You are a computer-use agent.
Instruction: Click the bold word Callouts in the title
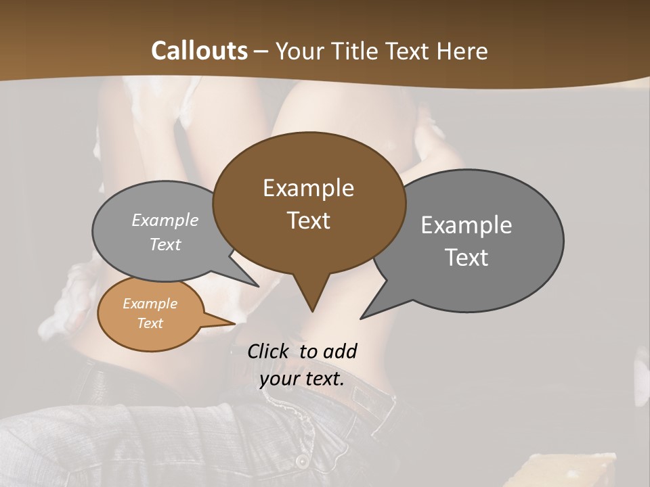pos(199,51)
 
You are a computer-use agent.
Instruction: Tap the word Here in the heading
pos(463,51)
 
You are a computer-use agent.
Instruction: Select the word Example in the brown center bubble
pos(308,188)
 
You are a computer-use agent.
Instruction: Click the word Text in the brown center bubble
pos(308,221)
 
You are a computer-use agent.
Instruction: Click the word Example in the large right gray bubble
pos(467,225)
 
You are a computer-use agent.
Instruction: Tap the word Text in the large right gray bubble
pos(467,258)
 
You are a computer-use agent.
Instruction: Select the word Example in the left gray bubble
pos(165,221)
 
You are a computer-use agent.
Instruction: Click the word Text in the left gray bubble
pos(165,244)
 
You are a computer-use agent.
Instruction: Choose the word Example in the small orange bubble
pos(150,304)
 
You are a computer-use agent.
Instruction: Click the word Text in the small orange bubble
pos(150,323)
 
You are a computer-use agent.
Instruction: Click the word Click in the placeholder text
pos(269,351)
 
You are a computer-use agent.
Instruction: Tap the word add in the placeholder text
pos(339,351)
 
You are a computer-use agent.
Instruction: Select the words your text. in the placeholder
pos(302,379)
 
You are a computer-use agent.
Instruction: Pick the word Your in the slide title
pos(299,51)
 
